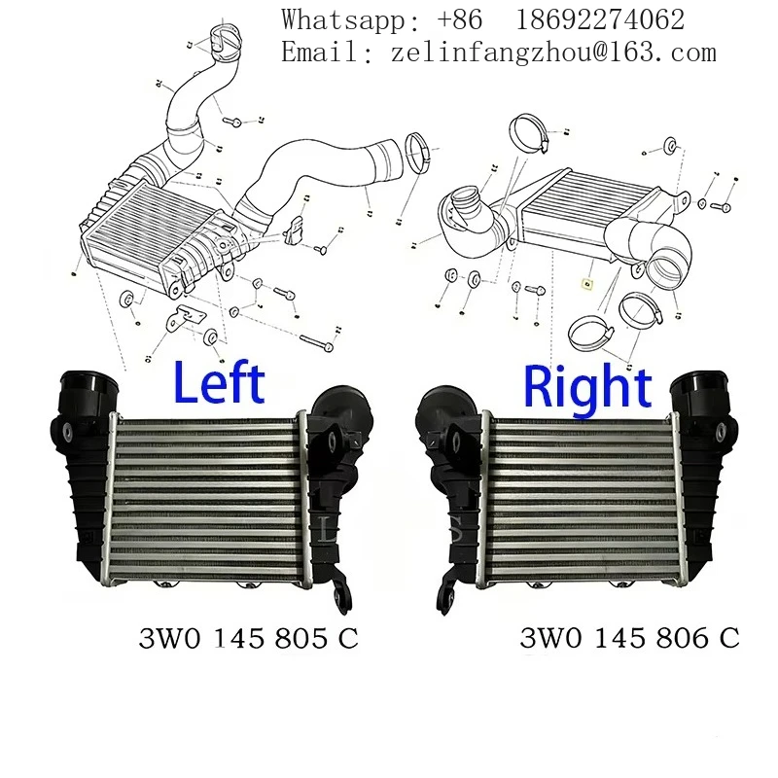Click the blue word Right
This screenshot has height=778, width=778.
pos(587,387)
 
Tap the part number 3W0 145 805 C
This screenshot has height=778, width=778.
pos(248,639)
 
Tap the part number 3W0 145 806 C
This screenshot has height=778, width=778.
pos(629,639)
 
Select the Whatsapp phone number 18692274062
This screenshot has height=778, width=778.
pos(601,19)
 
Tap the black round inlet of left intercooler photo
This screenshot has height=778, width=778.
pos(90,388)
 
